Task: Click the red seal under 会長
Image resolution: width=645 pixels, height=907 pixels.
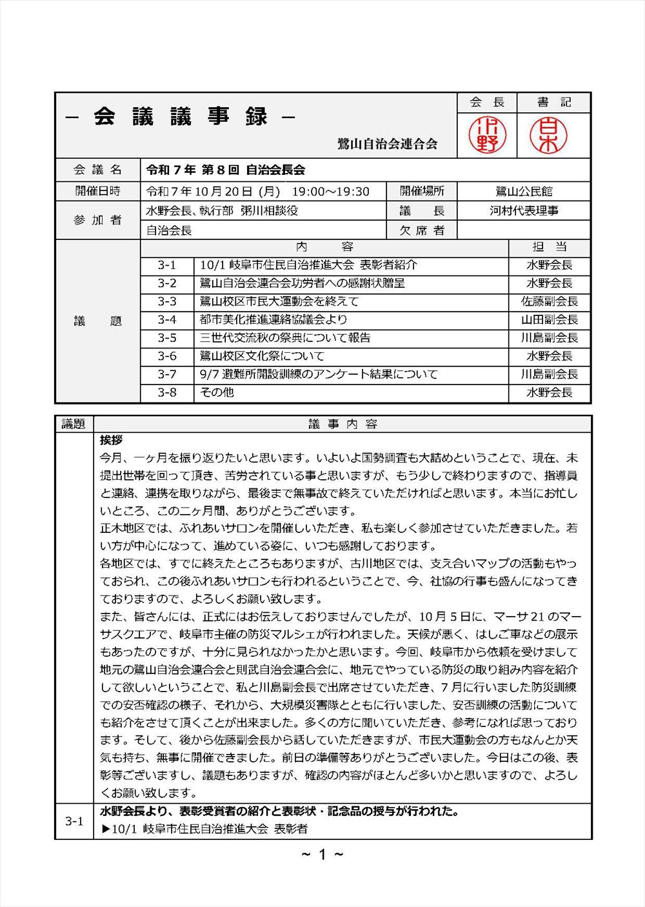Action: (x=487, y=135)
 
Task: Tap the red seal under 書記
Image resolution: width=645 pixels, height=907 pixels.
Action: (x=548, y=135)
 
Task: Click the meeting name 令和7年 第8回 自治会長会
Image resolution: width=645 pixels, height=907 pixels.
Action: (x=225, y=170)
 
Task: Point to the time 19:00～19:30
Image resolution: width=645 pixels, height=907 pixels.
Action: (x=330, y=192)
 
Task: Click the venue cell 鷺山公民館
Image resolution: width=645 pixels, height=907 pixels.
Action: (x=524, y=192)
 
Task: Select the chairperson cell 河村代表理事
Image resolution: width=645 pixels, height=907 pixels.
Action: (x=524, y=211)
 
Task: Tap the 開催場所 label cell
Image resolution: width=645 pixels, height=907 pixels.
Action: (x=422, y=192)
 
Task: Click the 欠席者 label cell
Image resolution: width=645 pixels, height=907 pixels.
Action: (x=422, y=230)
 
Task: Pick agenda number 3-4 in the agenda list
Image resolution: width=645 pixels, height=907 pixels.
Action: (x=166, y=319)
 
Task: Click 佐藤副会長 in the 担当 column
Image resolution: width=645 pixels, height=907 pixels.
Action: (x=550, y=301)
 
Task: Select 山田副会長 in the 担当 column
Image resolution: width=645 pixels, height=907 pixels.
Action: (x=550, y=319)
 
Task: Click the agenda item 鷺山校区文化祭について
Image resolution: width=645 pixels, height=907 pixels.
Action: (x=262, y=356)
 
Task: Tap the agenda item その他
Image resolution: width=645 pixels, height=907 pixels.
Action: (x=217, y=392)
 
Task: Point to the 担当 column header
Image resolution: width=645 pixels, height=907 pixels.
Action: (x=550, y=247)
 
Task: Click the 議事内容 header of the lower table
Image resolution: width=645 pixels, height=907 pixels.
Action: (x=342, y=424)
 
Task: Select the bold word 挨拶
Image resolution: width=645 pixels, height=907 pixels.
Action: (x=111, y=440)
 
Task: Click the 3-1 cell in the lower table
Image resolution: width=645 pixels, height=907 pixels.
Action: (x=74, y=821)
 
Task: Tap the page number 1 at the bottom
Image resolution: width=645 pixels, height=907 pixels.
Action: (x=322, y=855)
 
